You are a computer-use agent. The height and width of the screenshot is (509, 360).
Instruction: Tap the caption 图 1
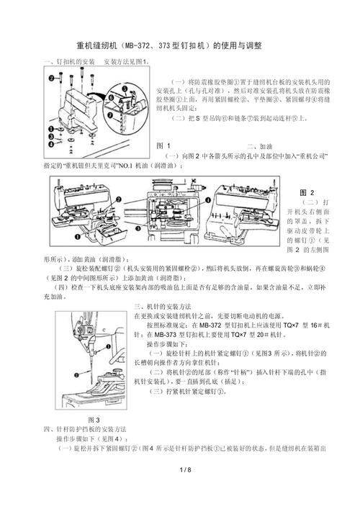click(x=163, y=145)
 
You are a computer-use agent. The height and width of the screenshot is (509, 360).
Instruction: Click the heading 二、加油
click(x=261, y=145)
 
